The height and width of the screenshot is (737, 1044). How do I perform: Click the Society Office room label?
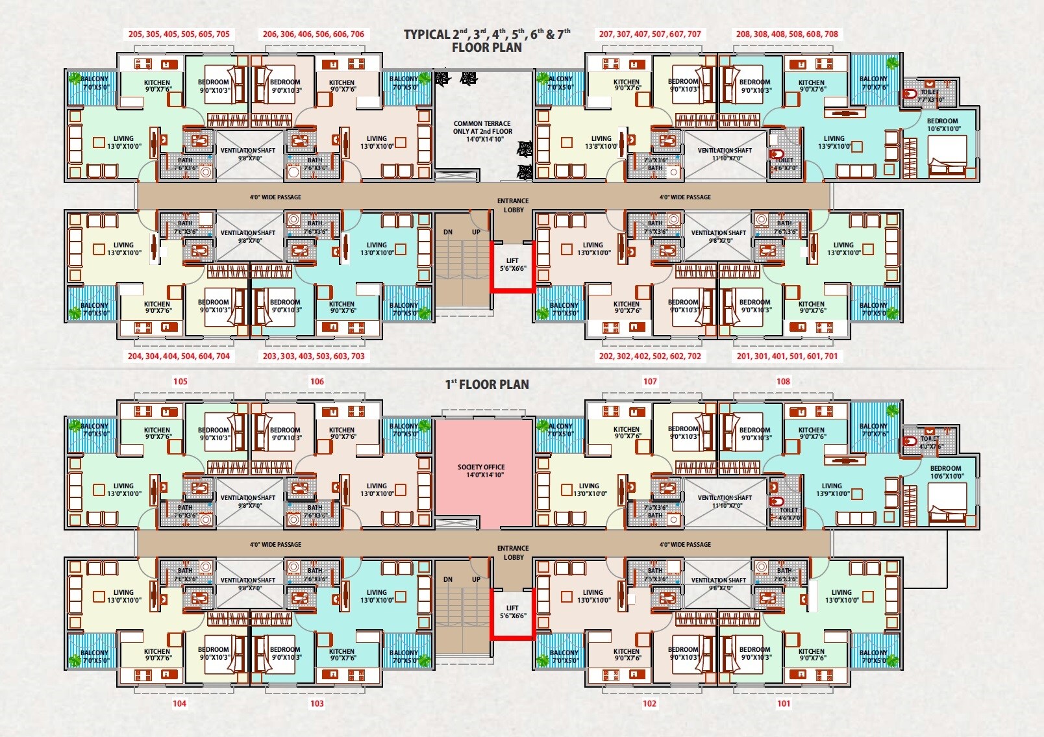[481, 471]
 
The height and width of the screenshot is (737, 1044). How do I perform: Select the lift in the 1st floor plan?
[512, 612]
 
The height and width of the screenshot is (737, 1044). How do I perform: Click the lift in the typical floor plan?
[512, 264]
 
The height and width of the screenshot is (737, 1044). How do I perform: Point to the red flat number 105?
[180, 381]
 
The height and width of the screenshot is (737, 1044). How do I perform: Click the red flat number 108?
[784, 381]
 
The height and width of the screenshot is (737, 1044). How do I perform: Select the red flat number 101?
[784, 703]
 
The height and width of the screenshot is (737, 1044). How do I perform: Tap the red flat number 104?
[180, 703]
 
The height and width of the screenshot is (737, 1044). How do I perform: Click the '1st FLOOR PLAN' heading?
[487, 384]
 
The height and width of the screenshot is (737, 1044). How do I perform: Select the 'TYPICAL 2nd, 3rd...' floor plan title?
[487, 40]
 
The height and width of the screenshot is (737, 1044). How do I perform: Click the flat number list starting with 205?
[179, 34]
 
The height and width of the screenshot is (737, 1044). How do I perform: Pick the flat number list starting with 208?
[787, 34]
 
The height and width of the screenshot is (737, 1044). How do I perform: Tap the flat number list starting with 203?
[314, 356]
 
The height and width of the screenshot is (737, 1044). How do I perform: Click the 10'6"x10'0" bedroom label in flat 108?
[945, 472]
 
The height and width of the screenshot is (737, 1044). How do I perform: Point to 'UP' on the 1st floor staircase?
[476, 579]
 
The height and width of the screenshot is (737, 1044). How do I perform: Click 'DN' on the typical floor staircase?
[448, 232]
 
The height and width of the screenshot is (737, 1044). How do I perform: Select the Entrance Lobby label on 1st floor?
[513, 553]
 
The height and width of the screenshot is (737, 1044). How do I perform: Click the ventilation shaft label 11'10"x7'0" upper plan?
[725, 154]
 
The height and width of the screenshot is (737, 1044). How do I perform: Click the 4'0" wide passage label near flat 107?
[685, 544]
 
